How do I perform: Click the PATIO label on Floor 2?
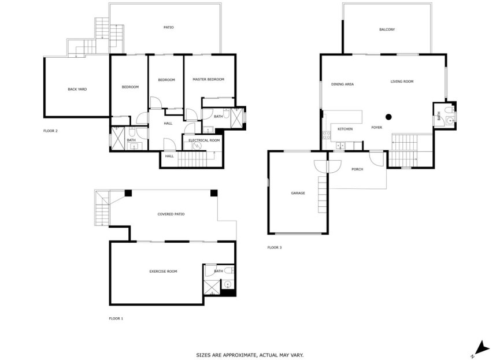pos(168,27)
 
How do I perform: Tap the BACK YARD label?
pos(77,89)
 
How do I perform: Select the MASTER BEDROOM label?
pos(208,79)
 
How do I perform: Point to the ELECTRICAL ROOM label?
pos(204,140)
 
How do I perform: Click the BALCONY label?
pos(387,29)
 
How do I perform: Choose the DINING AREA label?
pos(342,84)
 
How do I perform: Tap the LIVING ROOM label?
pos(402,81)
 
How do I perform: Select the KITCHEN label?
pos(345,129)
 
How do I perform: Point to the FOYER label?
pos(376,127)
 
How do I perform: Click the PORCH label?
pos(357,169)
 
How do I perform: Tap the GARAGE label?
pos(298,193)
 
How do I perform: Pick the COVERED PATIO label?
pos(171,214)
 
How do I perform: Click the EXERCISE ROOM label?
pos(163,271)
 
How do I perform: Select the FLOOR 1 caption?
pos(116,318)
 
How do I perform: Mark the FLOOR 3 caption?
pos(275,247)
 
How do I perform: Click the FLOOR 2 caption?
pos(51,131)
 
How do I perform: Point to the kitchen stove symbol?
pos(326,137)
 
